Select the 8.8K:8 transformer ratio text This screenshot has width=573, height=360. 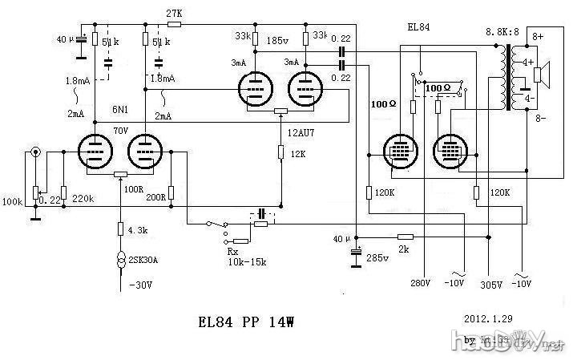(503, 33)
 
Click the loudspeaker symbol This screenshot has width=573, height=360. (542, 75)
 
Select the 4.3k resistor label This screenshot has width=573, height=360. (136, 230)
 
